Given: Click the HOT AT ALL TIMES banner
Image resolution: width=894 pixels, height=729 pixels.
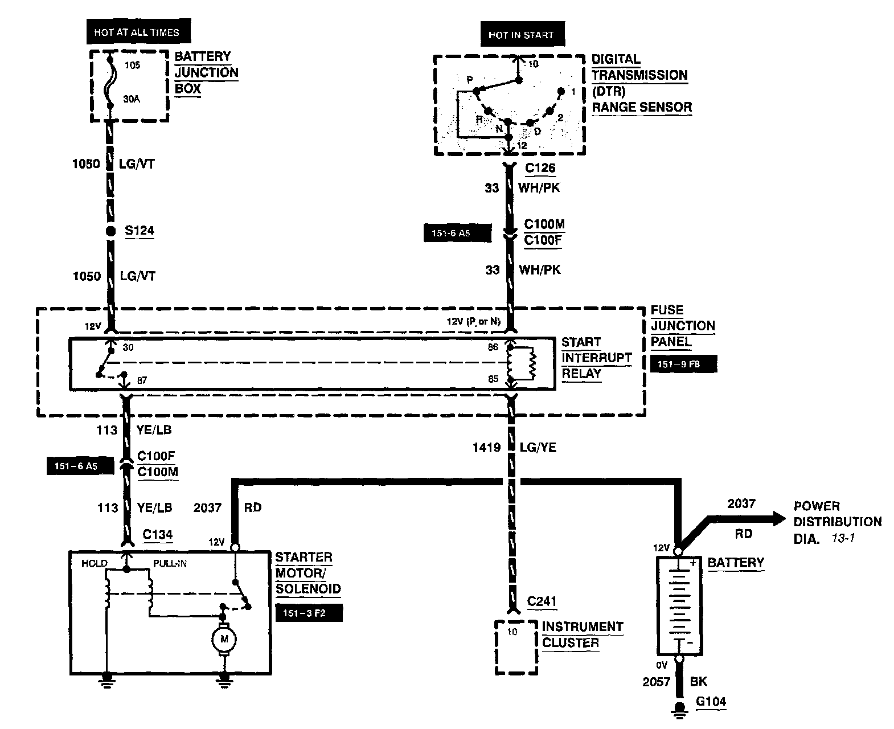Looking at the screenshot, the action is click(x=138, y=31).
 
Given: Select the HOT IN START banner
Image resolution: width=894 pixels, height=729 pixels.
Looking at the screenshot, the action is click(x=522, y=34).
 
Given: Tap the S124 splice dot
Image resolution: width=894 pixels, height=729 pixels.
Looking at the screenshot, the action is click(x=110, y=231).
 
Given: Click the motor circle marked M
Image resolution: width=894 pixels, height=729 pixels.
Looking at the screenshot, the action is click(x=224, y=639).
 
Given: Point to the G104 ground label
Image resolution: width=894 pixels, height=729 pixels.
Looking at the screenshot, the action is click(x=711, y=701).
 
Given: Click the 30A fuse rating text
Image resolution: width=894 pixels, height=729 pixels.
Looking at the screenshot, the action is click(x=132, y=99).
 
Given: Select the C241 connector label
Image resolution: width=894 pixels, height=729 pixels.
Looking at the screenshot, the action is click(x=542, y=601).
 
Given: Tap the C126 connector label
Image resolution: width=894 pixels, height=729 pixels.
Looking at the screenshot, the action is click(x=540, y=168).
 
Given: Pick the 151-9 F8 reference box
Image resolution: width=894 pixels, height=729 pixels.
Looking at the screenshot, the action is click(x=683, y=364).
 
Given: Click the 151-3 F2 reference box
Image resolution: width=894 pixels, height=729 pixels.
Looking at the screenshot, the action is click(x=309, y=613).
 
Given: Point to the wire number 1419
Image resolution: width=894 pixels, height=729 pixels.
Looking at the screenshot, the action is click(x=487, y=448).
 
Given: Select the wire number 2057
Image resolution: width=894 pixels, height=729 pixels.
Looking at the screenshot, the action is click(x=656, y=682).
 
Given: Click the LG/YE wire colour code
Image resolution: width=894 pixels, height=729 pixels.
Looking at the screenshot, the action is click(x=538, y=448).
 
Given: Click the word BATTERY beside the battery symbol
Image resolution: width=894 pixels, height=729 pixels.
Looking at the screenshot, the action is click(x=736, y=563).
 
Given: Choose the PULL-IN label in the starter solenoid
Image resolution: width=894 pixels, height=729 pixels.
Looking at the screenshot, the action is click(x=170, y=563).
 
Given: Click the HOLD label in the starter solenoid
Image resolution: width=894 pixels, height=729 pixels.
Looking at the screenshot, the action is click(x=95, y=563).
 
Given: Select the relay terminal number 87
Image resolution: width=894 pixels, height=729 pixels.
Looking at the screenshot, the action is click(x=142, y=380).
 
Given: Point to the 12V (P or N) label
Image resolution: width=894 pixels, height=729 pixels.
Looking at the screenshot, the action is click(x=474, y=321).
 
